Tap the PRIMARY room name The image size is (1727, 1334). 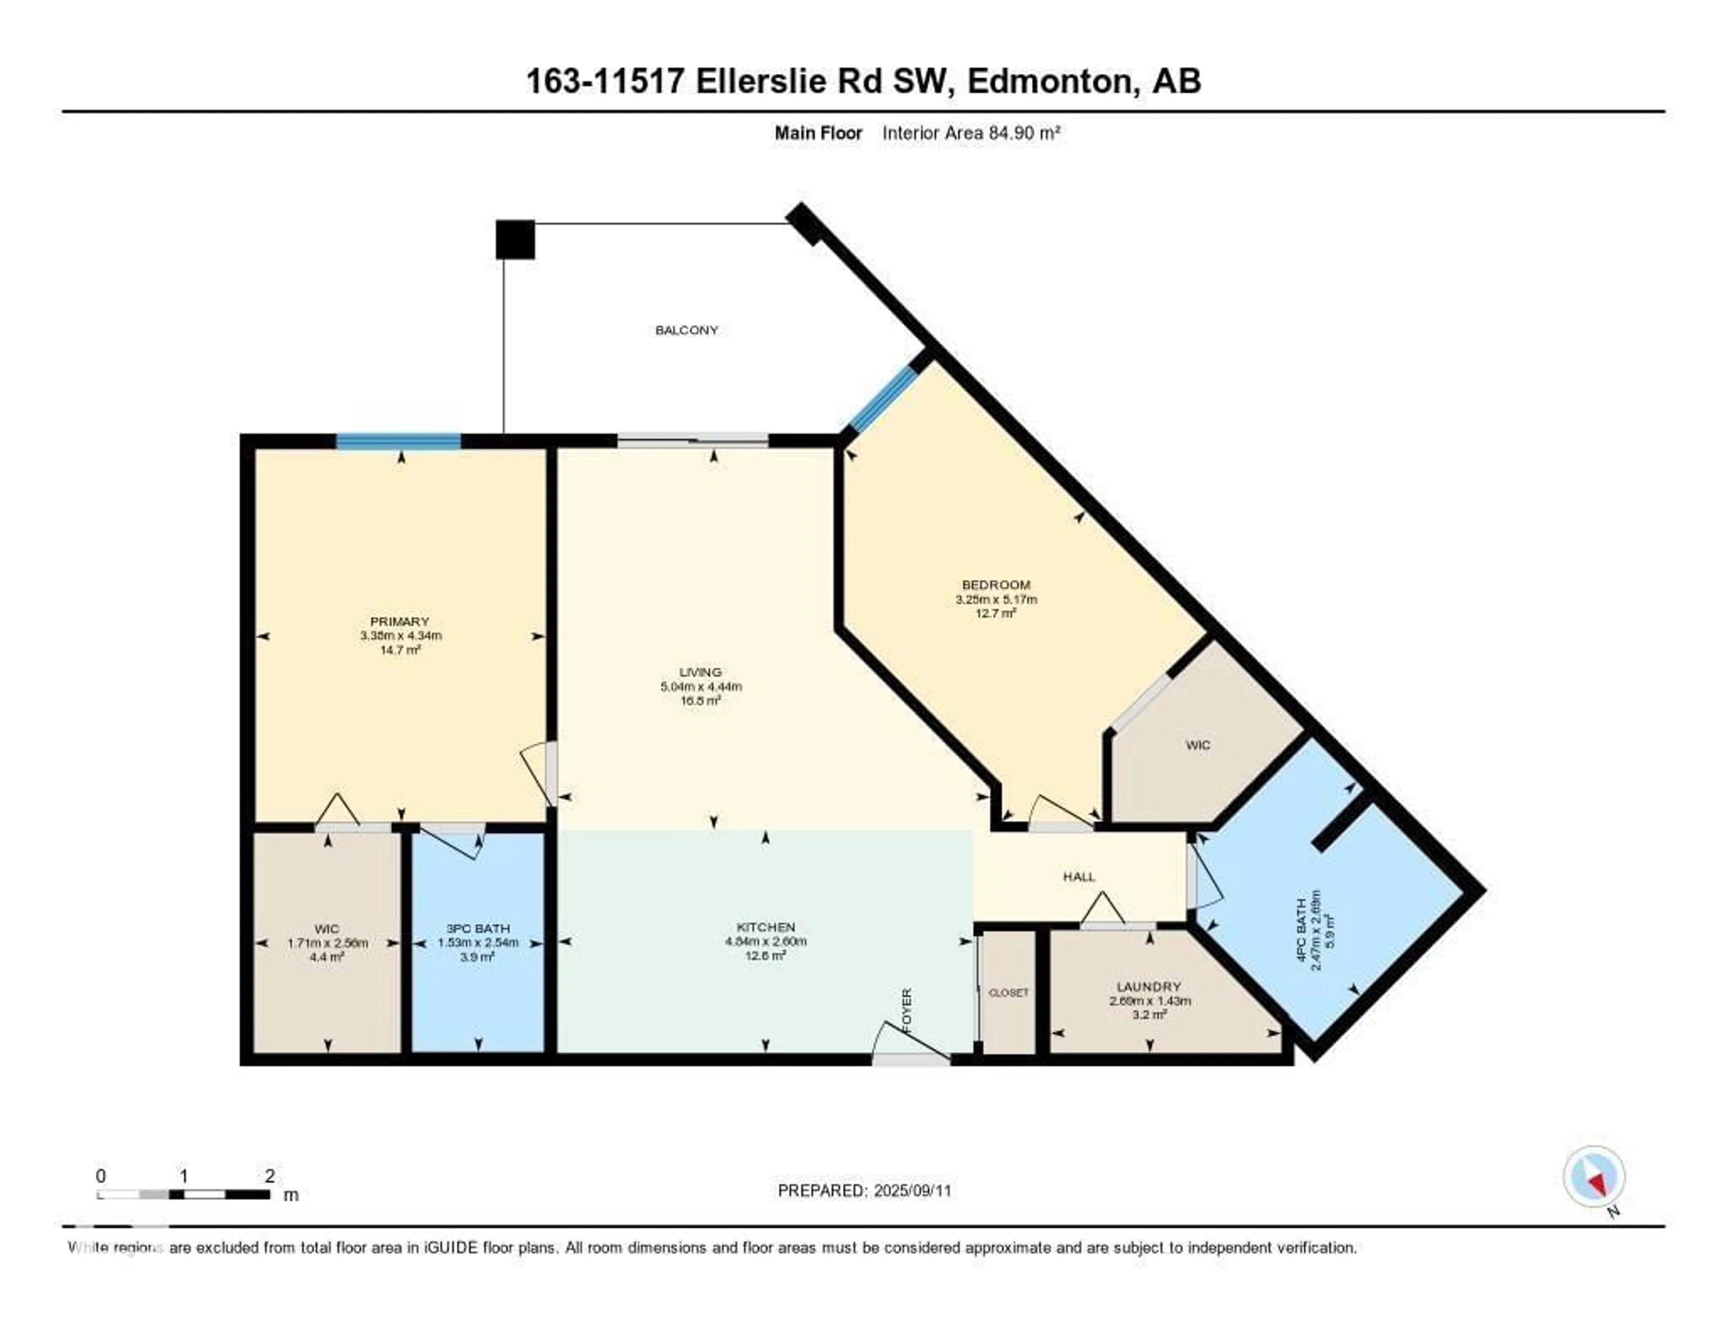coord(399,622)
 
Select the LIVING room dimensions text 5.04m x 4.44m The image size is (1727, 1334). coord(701,686)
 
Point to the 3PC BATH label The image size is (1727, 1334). coord(478,928)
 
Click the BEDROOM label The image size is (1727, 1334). coord(996,585)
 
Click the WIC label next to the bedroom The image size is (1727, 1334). coord(1198,745)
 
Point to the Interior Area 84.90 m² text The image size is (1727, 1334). coord(970,133)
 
